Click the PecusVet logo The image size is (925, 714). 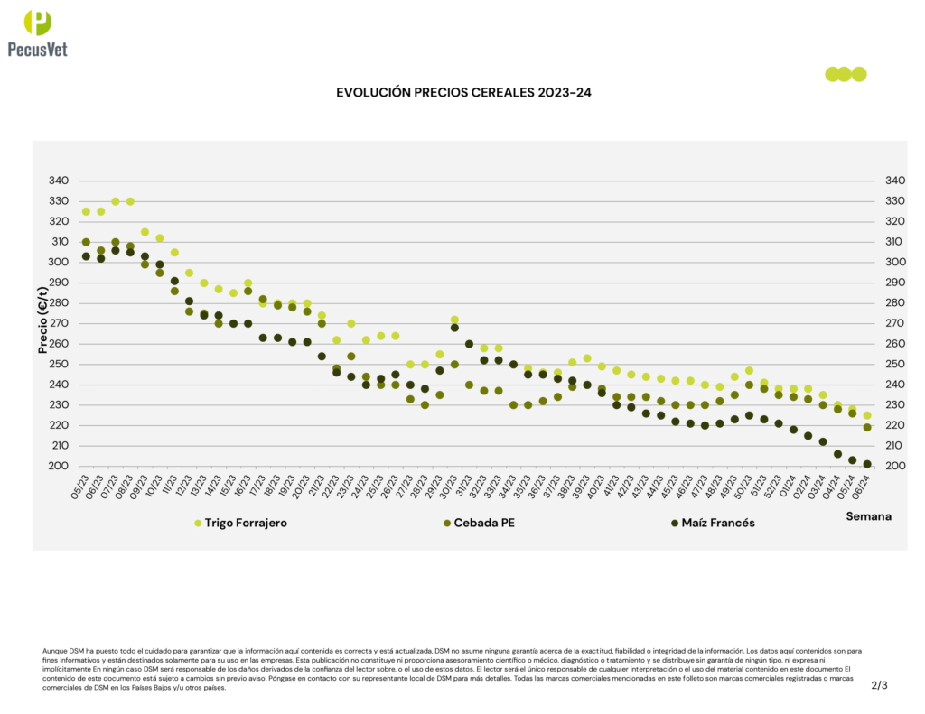pyautogui.click(x=37, y=33)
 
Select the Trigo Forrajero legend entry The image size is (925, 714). pyautogui.click(x=245, y=523)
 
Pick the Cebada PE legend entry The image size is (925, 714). pyautogui.click(x=491, y=523)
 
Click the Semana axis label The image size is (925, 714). pyautogui.click(x=868, y=516)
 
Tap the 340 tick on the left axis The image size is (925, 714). pyautogui.click(x=57, y=181)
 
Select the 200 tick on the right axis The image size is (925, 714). pyautogui.click(x=892, y=466)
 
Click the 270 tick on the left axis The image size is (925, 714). pyautogui.click(x=57, y=323)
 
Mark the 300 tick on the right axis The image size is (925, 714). pyautogui.click(x=892, y=262)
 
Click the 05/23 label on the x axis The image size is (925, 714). pyautogui.click(x=82, y=488)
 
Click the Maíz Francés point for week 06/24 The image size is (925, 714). pyautogui.click(x=867, y=464)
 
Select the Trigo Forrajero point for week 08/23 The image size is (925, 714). pyautogui.click(x=130, y=201)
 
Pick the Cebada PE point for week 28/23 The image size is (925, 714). pyautogui.click(x=425, y=405)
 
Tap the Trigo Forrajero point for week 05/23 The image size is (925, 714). pyautogui.click(x=86, y=211)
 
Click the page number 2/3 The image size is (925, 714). pyautogui.click(x=879, y=685)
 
